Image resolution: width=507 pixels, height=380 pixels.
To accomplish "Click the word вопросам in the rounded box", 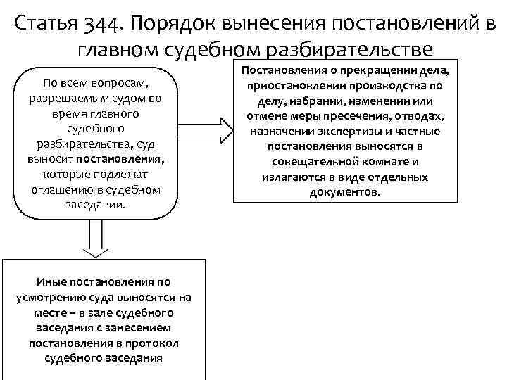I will [x=130, y=84].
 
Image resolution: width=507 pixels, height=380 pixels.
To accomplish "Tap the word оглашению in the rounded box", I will [x=63, y=191].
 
